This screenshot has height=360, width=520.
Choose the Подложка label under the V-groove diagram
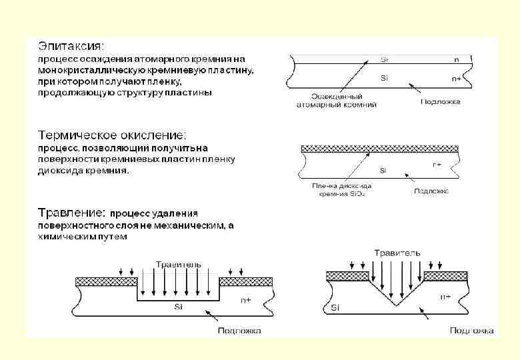(x=471, y=330)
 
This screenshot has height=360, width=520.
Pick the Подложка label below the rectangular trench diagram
(x=239, y=330)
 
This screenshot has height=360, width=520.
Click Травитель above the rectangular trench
(x=178, y=264)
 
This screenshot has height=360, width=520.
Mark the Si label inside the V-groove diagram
(x=336, y=308)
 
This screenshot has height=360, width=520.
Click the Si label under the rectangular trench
(x=178, y=307)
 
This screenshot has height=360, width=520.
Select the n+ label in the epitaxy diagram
(x=456, y=79)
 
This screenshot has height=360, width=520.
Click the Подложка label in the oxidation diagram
(x=431, y=191)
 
